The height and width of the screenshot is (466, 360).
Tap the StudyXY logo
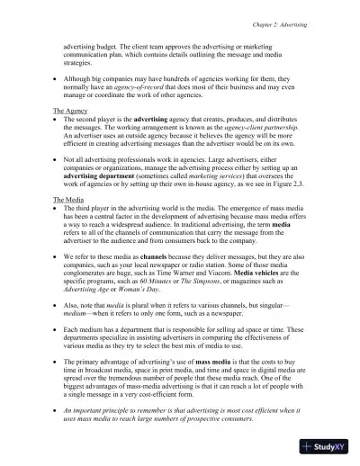click(x=328, y=445)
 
